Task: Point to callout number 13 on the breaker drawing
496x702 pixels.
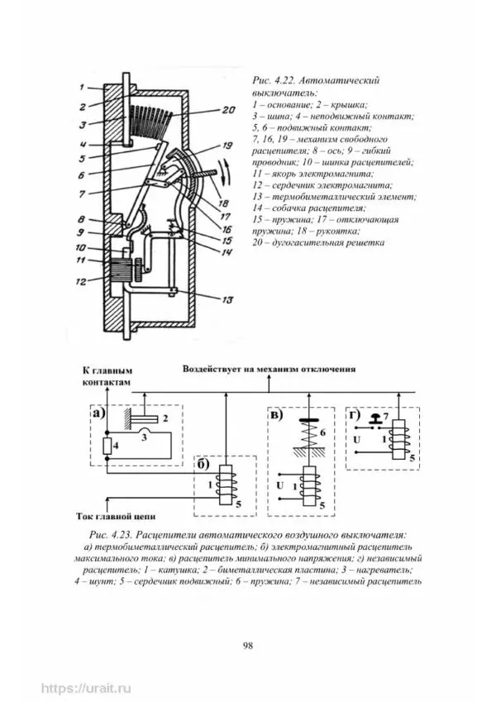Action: click(x=227, y=299)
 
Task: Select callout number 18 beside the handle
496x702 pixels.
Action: click(x=222, y=203)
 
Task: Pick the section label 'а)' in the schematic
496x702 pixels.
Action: click(x=98, y=414)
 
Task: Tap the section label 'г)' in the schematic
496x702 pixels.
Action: click(x=353, y=414)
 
